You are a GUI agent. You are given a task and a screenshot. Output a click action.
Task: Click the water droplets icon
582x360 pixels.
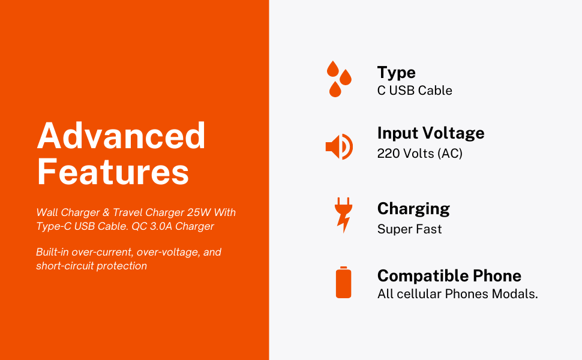[338, 79]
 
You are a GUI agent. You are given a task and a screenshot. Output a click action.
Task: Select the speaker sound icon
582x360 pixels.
[338, 147]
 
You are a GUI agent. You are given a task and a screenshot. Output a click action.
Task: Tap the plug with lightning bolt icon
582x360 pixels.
[343, 215]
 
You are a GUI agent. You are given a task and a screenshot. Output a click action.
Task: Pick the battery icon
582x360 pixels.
[343, 283]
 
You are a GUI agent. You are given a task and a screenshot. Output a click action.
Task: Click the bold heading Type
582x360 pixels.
[396, 73]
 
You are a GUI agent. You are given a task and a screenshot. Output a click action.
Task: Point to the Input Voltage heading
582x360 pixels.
[430, 133]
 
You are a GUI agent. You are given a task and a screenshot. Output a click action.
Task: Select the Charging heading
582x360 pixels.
[413, 209]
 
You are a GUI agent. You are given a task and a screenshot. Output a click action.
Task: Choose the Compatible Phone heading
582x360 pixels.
[449, 276]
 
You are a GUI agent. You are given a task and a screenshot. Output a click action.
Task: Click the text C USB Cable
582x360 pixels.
[414, 91]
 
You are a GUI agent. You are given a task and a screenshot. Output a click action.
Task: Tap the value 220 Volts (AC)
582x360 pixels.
[419, 154]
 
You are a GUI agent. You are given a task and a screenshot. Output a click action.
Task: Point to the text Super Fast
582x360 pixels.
[409, 229]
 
